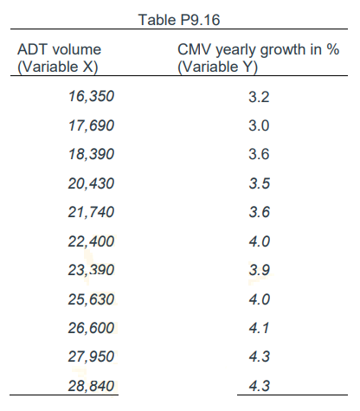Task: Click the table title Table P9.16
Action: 179,13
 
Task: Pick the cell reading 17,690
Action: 91,125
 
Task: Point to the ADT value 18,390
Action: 91,154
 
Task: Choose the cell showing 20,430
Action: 91,183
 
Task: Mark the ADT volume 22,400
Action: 91,241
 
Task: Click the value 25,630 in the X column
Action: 91,299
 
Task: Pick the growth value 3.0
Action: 259,125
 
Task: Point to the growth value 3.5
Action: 259,183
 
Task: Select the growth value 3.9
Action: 259,270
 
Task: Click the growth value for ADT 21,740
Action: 259,212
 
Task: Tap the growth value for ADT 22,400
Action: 259,241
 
